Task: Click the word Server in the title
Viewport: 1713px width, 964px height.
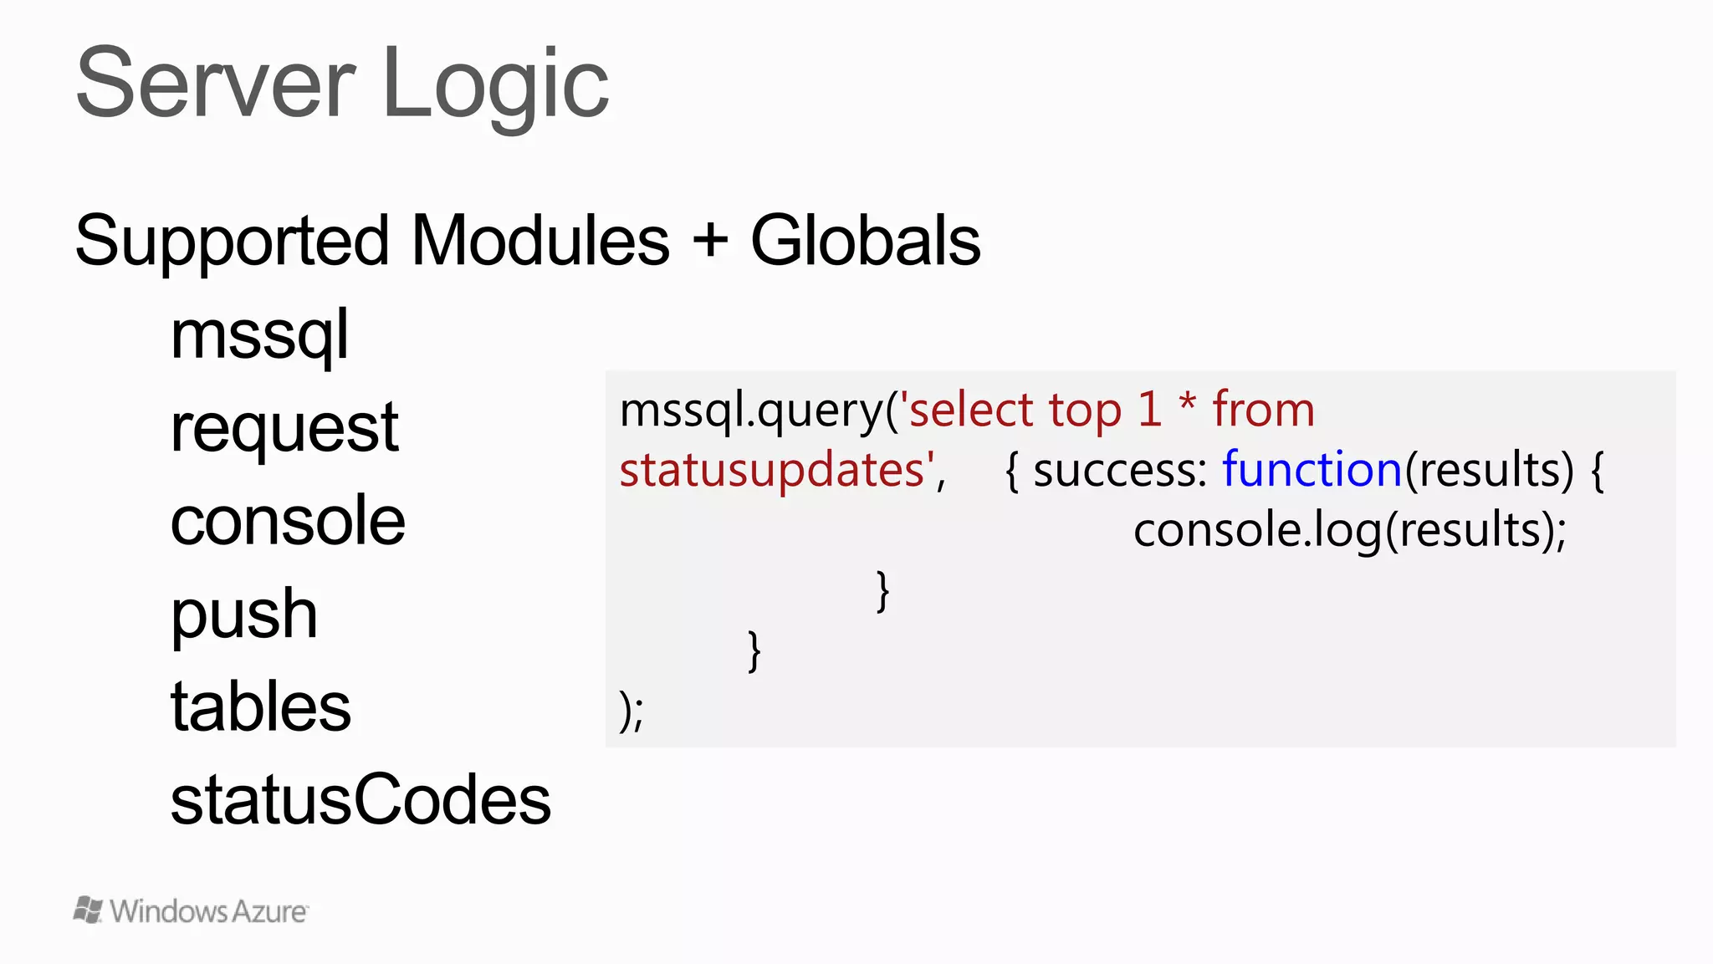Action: tap(216, 84)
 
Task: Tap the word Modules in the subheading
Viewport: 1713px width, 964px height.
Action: tap(540, 241)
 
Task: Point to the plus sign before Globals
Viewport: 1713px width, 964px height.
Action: tap(710, 242)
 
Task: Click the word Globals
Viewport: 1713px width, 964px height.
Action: tap(866, 241)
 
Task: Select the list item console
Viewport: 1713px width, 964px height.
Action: tap(288, 521)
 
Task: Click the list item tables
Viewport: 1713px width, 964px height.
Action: tap(261, 707)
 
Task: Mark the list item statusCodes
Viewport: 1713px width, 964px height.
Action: tap(360, 800)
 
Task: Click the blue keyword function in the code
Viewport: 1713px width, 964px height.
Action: tap(1312, 469)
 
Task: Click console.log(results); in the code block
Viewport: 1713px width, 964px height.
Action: tap(1349, 531)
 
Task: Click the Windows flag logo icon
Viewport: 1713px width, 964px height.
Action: tap(88, 910)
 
